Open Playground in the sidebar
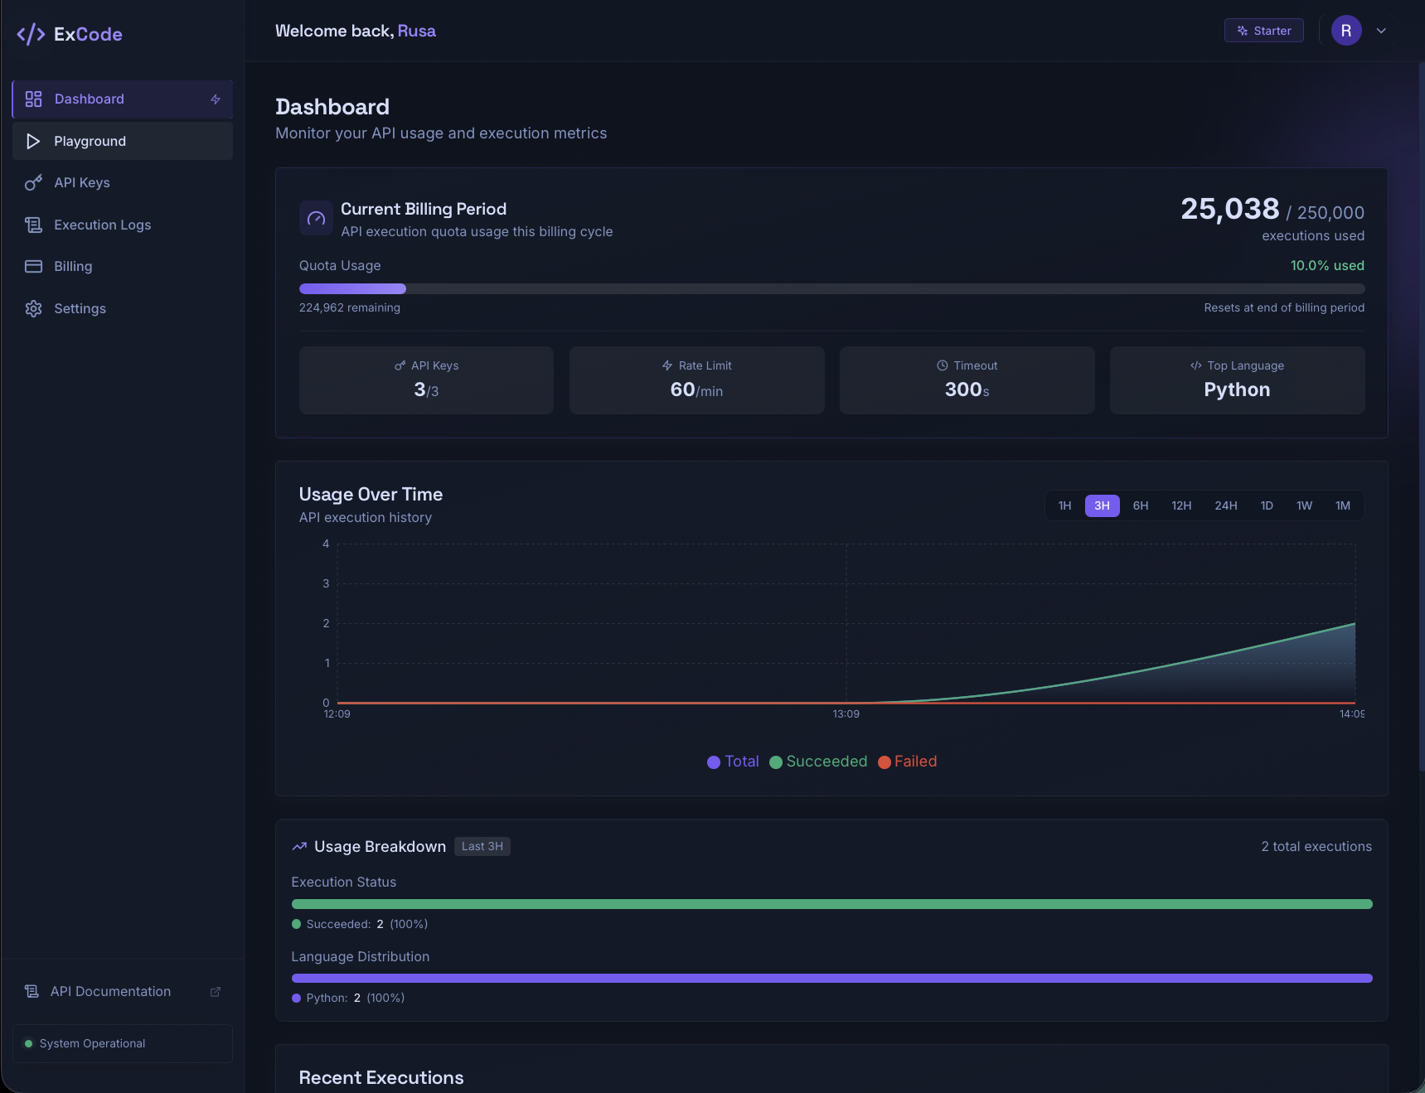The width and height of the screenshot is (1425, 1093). point(122,141)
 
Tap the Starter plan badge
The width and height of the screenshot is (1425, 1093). point(1263,31)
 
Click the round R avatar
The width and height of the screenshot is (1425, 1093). point(1346,31)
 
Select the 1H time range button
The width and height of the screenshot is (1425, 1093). point(1064,505)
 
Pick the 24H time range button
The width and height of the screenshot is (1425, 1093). point(1225,505)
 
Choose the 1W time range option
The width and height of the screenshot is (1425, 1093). point(1304,505)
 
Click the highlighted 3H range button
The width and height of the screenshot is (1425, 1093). point(1102,505)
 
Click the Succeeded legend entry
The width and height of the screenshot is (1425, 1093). point(818,762)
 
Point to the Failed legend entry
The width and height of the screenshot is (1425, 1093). point(908,762)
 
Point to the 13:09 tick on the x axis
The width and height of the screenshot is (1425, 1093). point(846,714)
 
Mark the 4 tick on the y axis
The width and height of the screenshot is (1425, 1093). point(326,544)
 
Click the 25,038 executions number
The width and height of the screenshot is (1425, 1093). point(1229,209)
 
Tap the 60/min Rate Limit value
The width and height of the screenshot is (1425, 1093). point(696,389)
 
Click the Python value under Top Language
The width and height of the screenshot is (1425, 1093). point(1237,389)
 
